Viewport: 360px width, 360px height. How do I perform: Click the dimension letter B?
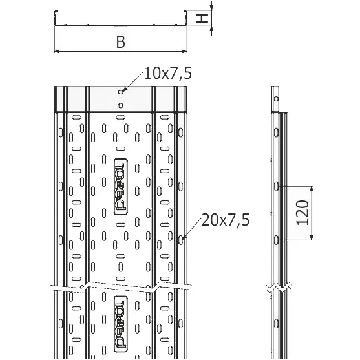pyautogui.click(x=120, y=42)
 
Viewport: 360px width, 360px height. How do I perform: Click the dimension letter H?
pyautogui.click(x=202, y=18)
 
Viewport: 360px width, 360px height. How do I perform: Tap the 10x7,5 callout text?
pyautogui.click(x=168, y=74)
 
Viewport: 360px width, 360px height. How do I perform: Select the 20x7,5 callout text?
pyautogui.click(x=226, y=220)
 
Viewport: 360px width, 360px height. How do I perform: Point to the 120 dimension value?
pyautogui.click(x=302, y=213)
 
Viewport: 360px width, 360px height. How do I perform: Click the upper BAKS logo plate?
pyautogui.click(x=121, y=187)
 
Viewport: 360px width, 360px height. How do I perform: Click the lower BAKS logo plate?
pyautogui.click(x=121, y=324)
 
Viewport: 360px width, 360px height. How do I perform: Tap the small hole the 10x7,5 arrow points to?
pyautogui.click(x=120, y=92)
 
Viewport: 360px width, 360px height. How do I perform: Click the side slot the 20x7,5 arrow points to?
pyautogui.click(x=181, y=240)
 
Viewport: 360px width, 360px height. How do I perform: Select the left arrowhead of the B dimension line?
pyautogui.click(x=57, y=51)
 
